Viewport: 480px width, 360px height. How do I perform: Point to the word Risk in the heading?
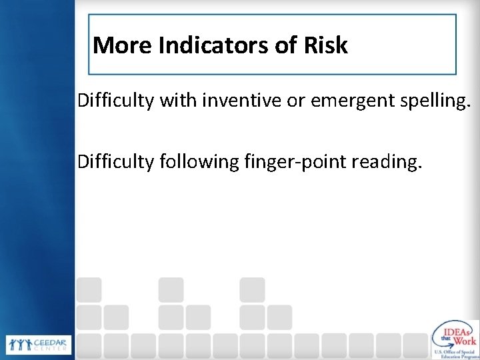pos(327,45)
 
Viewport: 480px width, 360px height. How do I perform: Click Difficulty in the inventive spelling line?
pos(115,102)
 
